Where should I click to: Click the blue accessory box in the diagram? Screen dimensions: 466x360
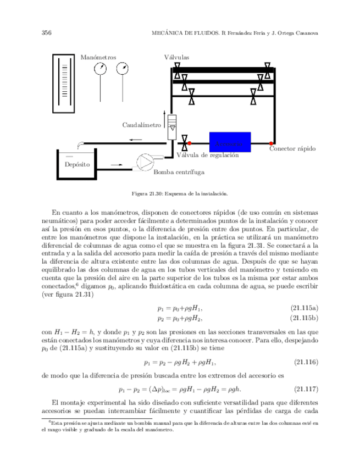230,142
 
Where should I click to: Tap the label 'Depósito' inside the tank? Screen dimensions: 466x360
77,164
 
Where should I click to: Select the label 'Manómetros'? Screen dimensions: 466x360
98,57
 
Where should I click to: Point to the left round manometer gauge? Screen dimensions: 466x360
101,69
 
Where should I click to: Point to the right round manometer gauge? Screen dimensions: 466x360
124,69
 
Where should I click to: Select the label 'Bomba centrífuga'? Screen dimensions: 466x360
179,172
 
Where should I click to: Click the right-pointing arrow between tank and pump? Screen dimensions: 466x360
117,163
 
